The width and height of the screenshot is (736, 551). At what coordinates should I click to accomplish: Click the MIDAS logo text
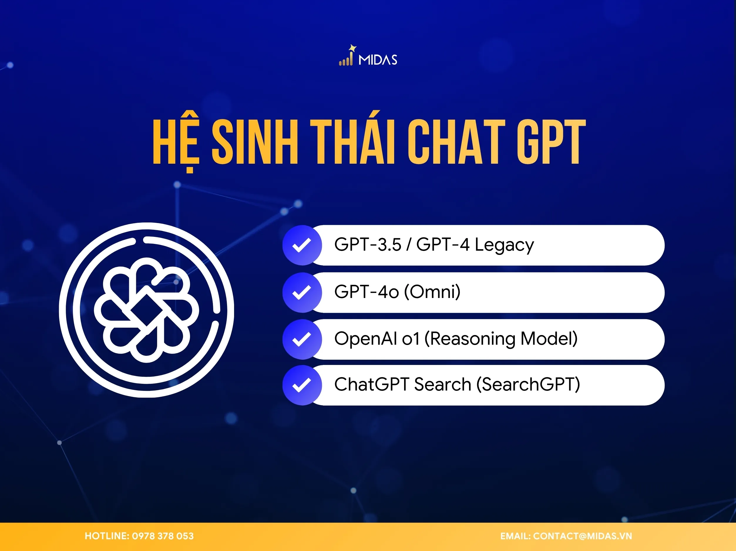coord(378,60)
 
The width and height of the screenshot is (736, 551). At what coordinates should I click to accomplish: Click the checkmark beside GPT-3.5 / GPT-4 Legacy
coord(302,245)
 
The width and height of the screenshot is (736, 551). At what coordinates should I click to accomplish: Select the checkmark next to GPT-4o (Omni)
coord(302,292)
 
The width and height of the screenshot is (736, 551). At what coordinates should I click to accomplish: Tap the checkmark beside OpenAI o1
coord(302,339)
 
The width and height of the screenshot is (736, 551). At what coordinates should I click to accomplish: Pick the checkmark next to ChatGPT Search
coord(302,385)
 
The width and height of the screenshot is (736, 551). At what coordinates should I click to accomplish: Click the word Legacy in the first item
coord(504,245)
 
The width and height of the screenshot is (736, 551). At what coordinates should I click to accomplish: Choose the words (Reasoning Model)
coord(501,339)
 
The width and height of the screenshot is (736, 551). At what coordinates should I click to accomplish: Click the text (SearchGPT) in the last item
coord(528,385)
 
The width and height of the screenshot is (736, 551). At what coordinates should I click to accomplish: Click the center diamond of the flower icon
coord(146,310)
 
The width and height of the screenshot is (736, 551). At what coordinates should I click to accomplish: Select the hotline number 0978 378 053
coord(163,536)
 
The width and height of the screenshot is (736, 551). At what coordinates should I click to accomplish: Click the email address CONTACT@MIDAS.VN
coord(582,536)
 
